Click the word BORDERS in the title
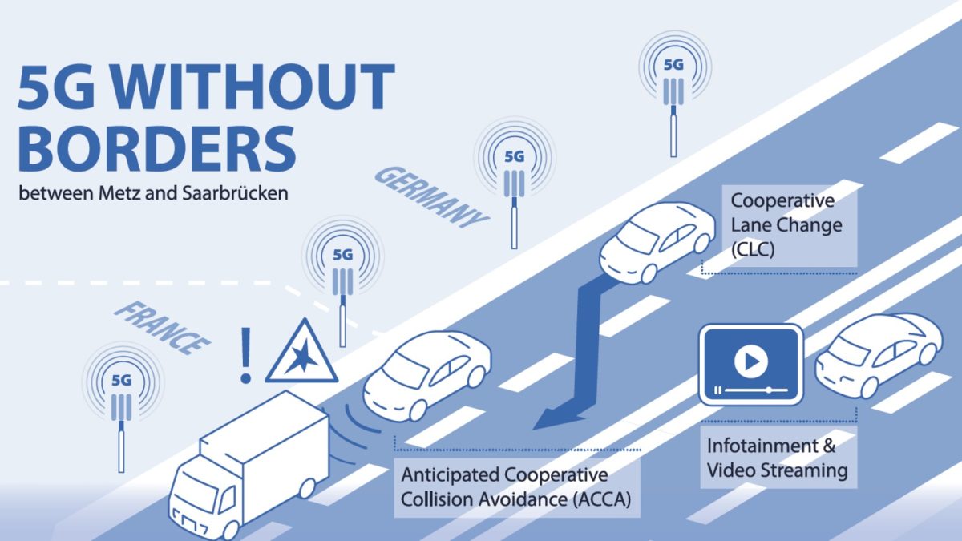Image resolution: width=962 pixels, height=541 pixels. tap(157, 148)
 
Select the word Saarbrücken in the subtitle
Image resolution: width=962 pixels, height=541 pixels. tap(235, 193)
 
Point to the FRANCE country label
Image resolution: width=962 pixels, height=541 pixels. tap(162, 329)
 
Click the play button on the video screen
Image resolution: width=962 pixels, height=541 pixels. tap(750, 361)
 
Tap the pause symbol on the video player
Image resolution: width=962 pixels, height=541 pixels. tap(717, 390)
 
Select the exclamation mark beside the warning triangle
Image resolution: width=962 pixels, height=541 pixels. tap(245, 355)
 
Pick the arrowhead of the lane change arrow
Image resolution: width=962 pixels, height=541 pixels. tap(558, 418)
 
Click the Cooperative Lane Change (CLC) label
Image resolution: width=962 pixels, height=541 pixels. tap(786, 224)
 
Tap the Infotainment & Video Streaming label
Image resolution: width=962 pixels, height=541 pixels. tap(778, 458)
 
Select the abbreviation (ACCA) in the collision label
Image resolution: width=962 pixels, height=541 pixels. tap(602, 499)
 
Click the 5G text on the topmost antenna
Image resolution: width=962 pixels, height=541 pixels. tap(673, 65)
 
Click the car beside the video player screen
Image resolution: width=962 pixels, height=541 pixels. tap(879, 355)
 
